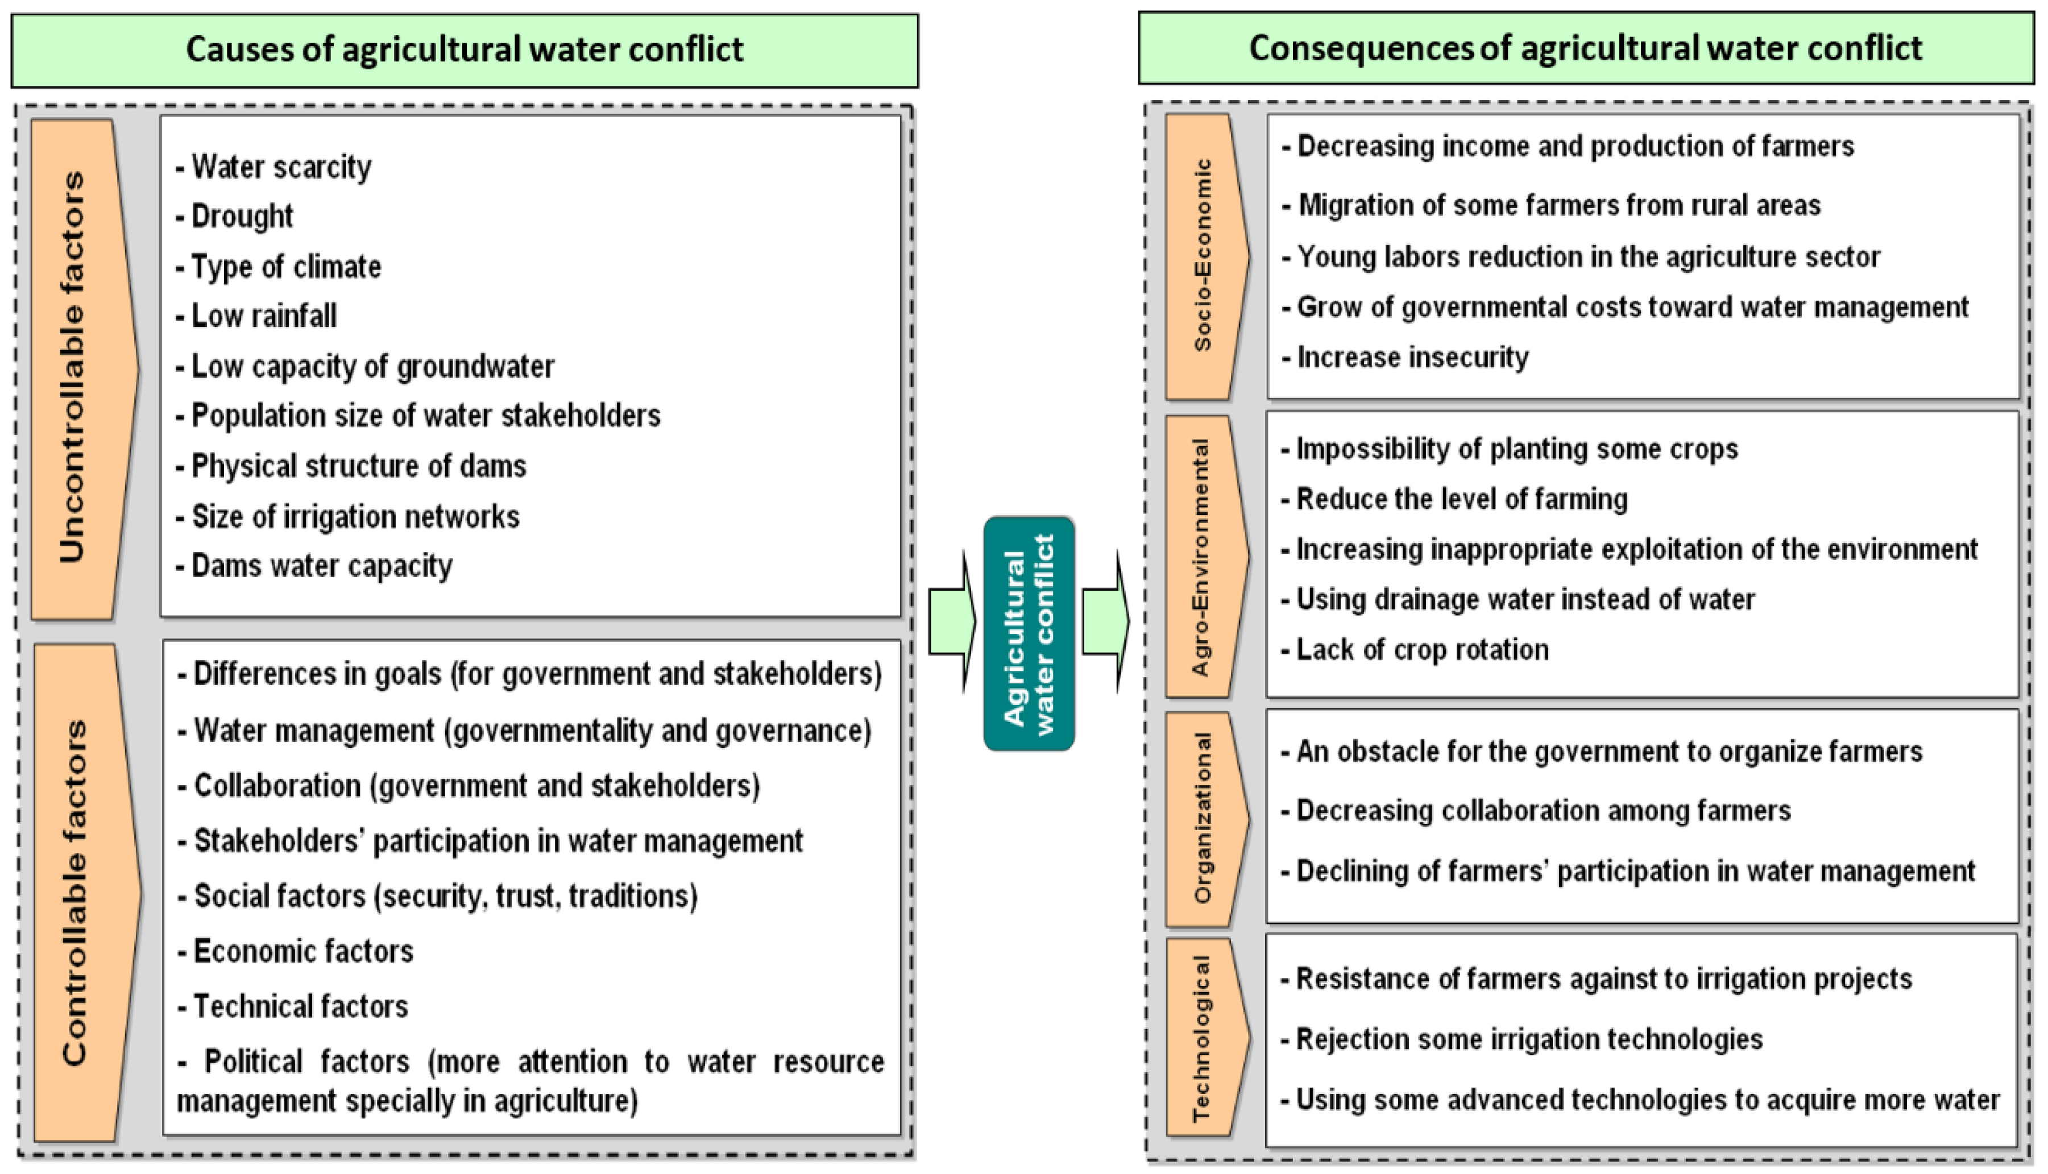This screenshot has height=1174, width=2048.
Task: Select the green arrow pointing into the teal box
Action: tap(951, 621)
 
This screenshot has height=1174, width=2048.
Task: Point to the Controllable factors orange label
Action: tap(81, 892)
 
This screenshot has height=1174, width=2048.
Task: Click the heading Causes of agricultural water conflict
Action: tap(465, 50)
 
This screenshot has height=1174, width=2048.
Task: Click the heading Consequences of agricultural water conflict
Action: tap(1585, 48)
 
